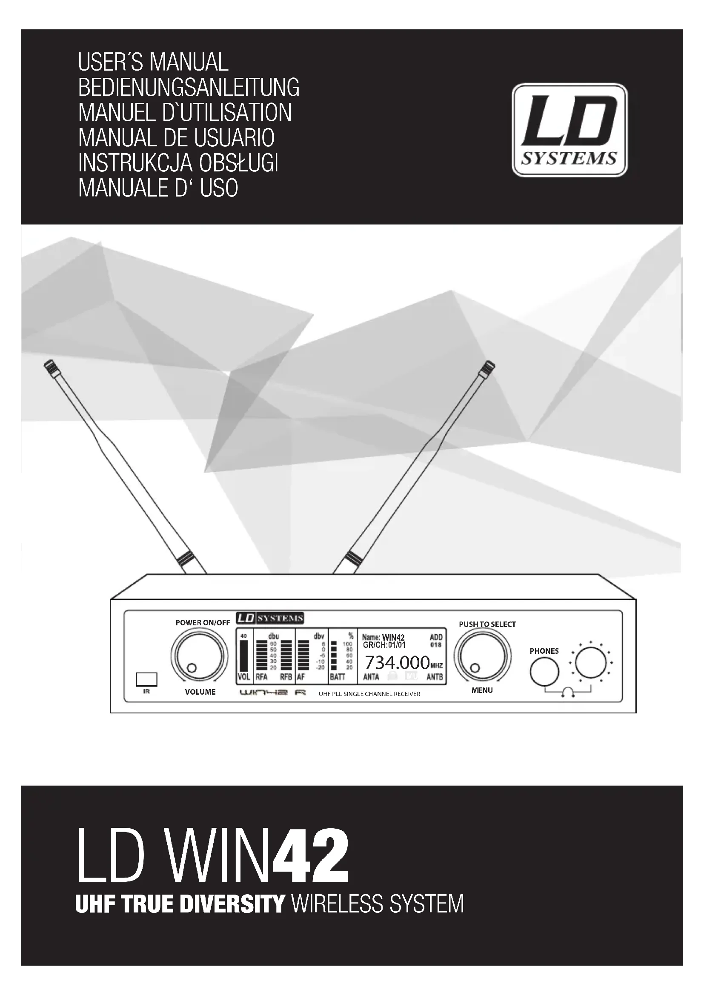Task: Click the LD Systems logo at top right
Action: [569, 130]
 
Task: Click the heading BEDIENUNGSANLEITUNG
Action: [189, 88]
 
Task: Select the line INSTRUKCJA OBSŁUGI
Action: [178, 163]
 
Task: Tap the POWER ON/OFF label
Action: [203, 623]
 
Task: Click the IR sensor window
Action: [146, 679]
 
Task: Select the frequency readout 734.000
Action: [397, 663]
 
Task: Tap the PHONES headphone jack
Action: [544, 671]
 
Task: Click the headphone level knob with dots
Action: [590, 663]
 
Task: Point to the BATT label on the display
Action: [337, 677]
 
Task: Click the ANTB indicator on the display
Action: [435, 677]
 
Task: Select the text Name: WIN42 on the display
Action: [383, 637]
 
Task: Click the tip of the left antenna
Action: [47, 367]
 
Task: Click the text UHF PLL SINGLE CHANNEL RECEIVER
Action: [369, 694]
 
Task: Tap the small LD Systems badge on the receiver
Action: [269, 619]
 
